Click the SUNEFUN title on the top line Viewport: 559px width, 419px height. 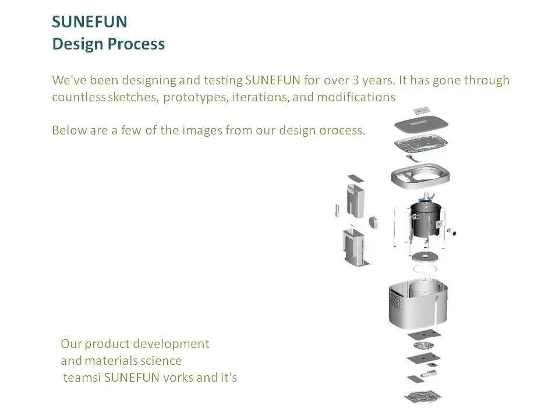[x=89, y=22]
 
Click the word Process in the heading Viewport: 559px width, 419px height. [x=137, y=44]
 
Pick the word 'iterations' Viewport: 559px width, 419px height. [x=259, y=97]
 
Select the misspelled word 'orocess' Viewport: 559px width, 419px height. [x=341, y=130]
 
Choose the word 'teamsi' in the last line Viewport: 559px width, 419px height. [x=81, y=378]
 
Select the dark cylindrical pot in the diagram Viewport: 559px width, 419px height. [x=426, y=219]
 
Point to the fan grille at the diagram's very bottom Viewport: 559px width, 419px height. [x=423, y=396]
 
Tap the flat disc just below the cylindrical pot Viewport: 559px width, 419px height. [x=424, y=257]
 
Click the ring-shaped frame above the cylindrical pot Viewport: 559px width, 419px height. [x=422, y=175]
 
